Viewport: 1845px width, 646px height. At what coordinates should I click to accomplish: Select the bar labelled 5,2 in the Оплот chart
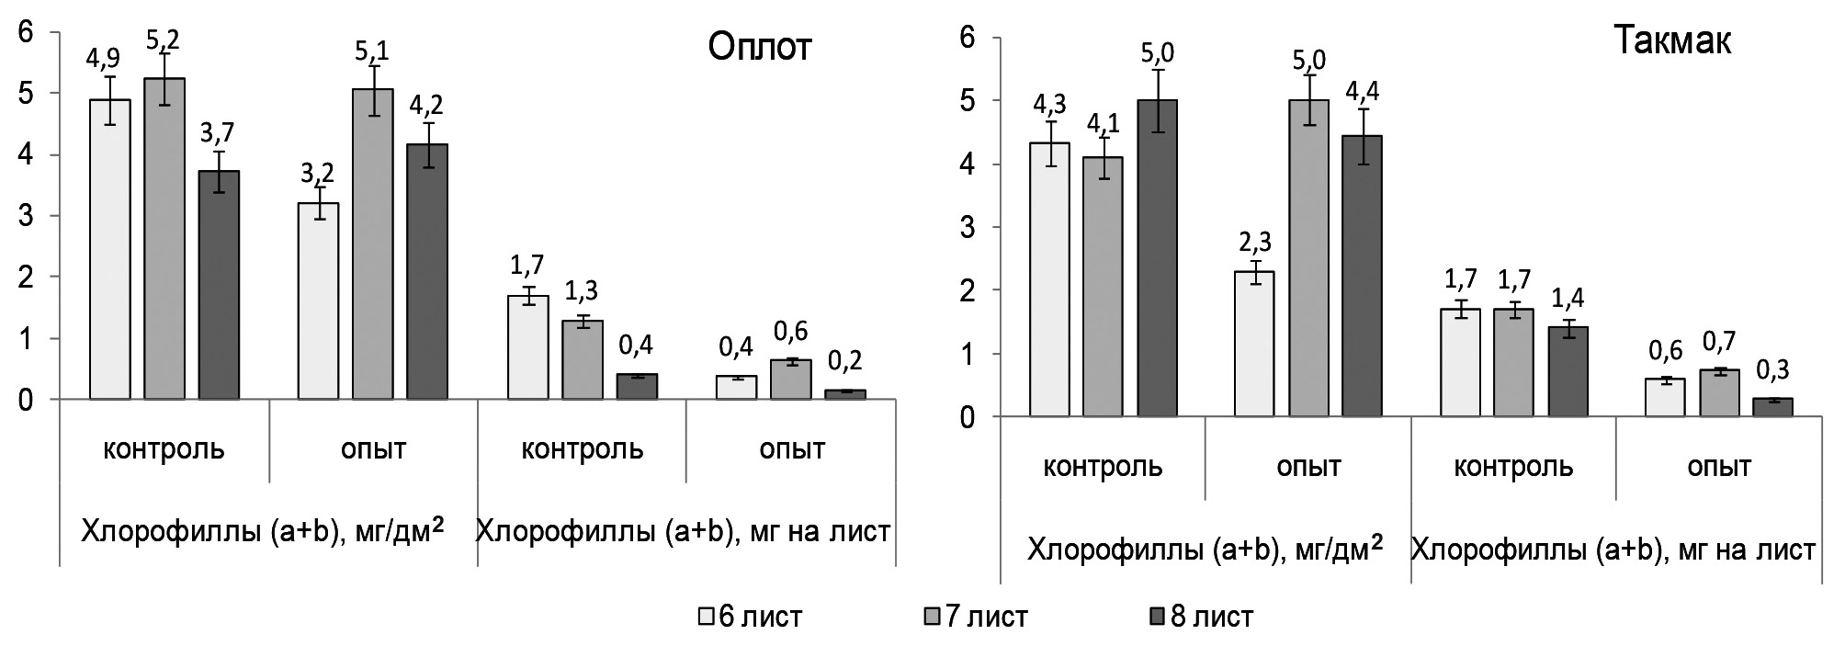click(x=164, y=239)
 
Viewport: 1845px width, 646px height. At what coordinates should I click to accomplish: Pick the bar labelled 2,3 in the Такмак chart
click(x=1254, y=345)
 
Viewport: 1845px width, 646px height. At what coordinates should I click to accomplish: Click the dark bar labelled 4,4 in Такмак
click(x=1362, y=276)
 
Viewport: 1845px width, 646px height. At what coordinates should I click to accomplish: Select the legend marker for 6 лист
click(x=706, y=616)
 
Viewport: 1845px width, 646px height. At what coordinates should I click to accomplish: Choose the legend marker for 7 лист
click(x=934, y=616)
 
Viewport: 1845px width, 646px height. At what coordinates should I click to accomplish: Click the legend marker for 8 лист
click(x=1158, y=616)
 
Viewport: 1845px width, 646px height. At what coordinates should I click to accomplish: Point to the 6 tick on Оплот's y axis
click(x=26, y=33)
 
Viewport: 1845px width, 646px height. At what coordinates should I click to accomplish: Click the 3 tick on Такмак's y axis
click(x=967, y=227)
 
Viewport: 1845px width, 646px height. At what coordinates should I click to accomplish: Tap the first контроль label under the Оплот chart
click(x=164, y=449)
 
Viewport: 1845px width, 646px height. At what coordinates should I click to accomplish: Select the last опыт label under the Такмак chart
click(x=1719, y=467)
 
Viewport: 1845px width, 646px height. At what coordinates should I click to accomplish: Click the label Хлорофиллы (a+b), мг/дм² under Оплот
click(x=262, y=531)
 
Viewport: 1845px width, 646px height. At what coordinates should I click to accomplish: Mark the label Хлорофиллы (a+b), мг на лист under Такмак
click(x=1613, y=550)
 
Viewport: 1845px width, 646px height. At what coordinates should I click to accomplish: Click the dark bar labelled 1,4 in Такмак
click(x=1568, y=371)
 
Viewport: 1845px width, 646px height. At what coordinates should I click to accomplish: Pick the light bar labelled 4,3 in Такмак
click(x=1048, y=279)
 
